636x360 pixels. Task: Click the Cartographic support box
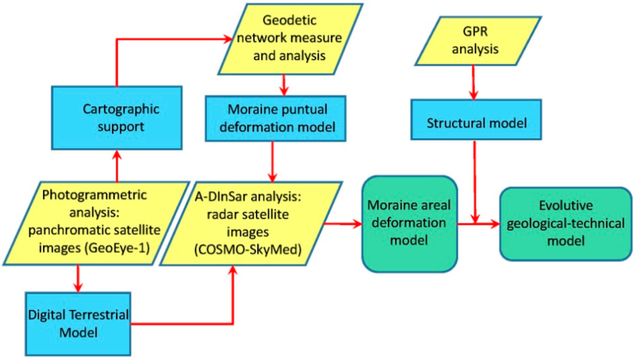[117, 118]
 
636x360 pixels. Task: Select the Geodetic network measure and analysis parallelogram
[290, 38]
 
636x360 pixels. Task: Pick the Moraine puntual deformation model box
[276, 118]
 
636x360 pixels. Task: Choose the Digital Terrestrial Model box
[78, 324]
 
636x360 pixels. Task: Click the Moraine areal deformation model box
[409, 223]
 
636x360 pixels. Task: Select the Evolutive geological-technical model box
[566, 224]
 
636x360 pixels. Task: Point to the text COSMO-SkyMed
[248, 249]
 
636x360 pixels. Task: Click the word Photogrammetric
[94, 195]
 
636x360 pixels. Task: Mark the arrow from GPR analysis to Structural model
[473, 83]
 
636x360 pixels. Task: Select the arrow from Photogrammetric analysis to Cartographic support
[117, 166]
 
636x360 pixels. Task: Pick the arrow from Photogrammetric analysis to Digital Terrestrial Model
[78, 279]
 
